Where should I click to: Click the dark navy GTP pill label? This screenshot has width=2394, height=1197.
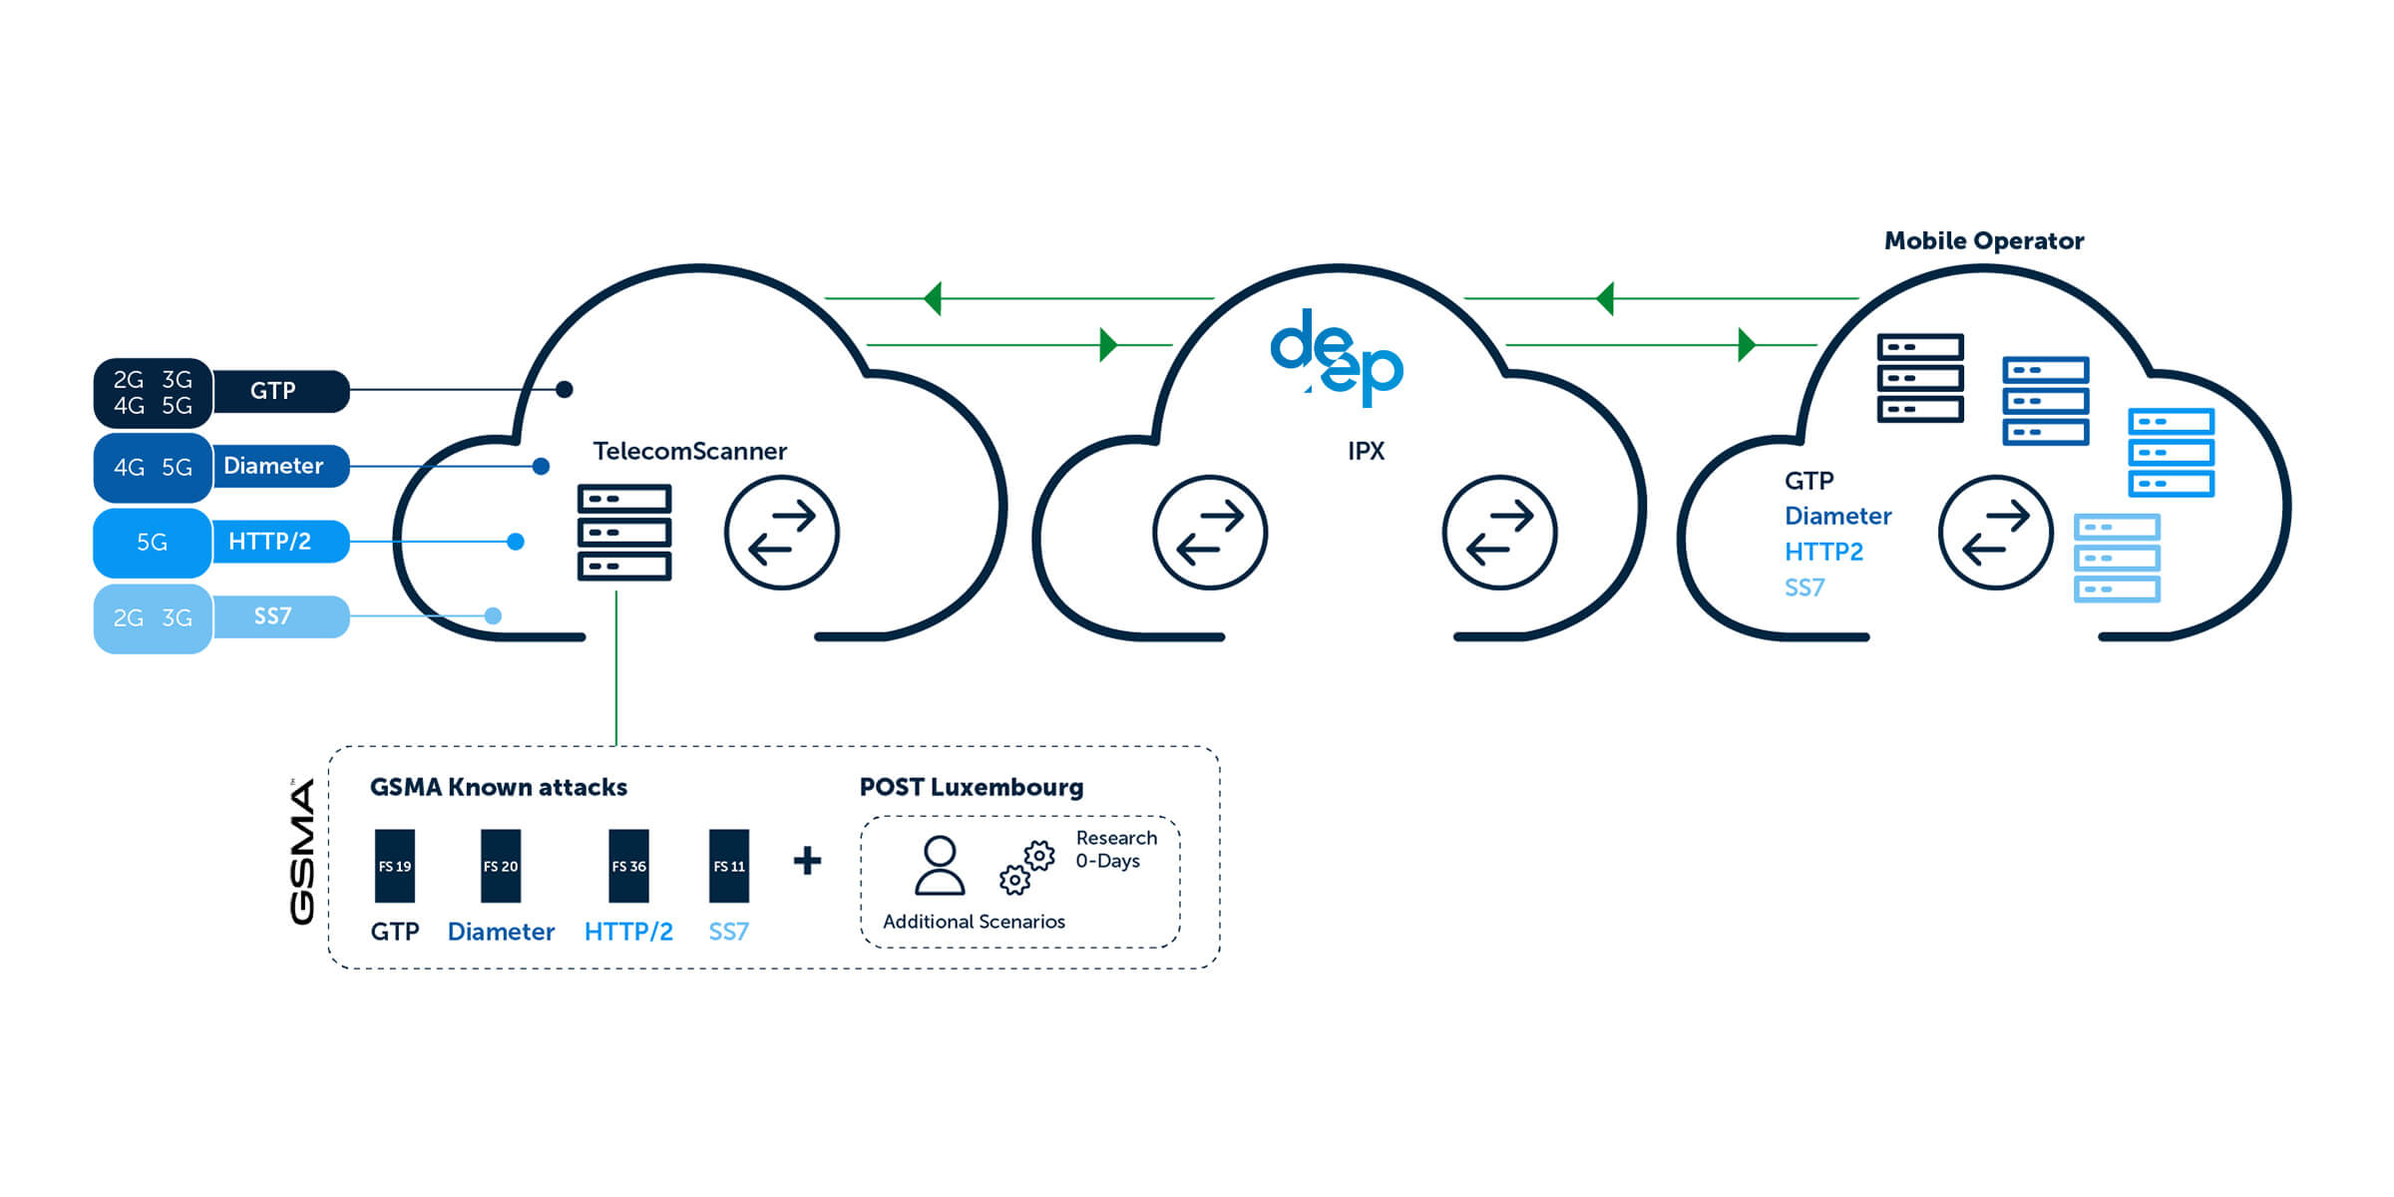(280, 391)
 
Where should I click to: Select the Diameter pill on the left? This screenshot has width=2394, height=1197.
(280, 466)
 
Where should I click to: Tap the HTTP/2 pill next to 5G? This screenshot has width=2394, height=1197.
(280, 542)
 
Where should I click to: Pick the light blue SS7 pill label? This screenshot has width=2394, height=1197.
(280, 616)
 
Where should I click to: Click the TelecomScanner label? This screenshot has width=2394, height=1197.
(690, 451)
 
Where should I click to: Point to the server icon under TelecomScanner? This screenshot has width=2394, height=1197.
(624, 532)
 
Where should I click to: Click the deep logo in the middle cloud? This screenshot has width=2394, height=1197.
(1337, 357)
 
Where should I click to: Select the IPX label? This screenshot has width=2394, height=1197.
(1366, 451)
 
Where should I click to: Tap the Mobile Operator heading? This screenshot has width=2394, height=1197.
(1984, 240)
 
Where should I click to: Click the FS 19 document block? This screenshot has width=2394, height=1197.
(395, 866)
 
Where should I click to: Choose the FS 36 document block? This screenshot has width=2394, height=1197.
(628, 866)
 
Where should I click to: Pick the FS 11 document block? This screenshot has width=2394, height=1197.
(729, 866)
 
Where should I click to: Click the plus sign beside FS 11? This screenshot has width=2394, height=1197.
(807, 861)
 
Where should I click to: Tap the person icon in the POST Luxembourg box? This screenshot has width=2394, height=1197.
(940, 865)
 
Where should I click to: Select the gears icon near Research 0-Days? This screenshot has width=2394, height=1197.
(1027, 867)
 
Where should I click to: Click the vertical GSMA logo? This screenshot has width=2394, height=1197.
(302, 851)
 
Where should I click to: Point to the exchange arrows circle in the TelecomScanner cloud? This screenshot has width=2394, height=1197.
(782, 533)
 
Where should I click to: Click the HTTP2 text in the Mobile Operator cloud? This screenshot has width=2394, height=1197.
(1823, 552)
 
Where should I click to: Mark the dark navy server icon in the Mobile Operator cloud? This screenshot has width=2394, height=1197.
(1920, 378)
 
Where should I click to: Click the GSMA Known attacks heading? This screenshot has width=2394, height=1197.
(499, 787)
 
